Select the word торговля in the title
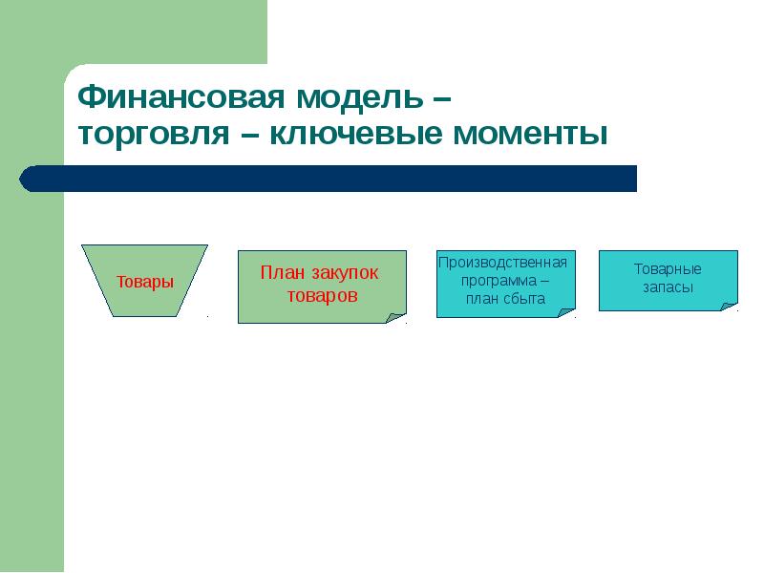[x=153, y=134]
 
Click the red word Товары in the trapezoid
[x=145, y=282]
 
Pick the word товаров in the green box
[x=322, y=296]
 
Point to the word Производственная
[x=502, y=262]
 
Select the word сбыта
[x=524, y=298]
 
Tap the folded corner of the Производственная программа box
[x=566, y=310]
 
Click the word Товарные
[x=668, y=268]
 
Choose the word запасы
[x=668, y=286]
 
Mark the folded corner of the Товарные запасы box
[x=729, y=305]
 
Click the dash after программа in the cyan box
[x=542, y=280]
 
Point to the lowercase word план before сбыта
[x=484, y=298]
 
